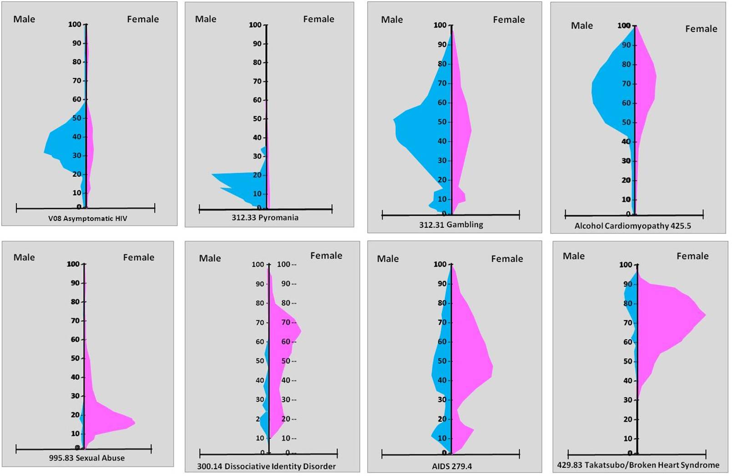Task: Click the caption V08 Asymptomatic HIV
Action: [x=88, y=219]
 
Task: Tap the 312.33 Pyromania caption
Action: [x=265, y=218]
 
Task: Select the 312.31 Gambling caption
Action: [x=451, y=225]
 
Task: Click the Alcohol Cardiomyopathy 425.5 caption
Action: [x=632, y=226]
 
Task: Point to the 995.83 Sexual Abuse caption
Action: [x=86, y=458]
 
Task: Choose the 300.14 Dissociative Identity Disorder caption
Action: [x=266, y=466]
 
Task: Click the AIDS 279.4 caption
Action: [x=451, y=466]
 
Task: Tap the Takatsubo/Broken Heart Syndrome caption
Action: [x=638, y=465]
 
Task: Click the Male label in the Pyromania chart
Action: [x=206, y=19]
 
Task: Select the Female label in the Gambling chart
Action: [x=509, y=20]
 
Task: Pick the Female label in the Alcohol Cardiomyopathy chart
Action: [x=701, y=29]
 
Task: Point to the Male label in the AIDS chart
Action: [x=388, y=259]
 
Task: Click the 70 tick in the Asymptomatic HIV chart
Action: [x=78, y=81]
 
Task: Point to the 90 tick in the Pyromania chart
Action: [x=258, y=44]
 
